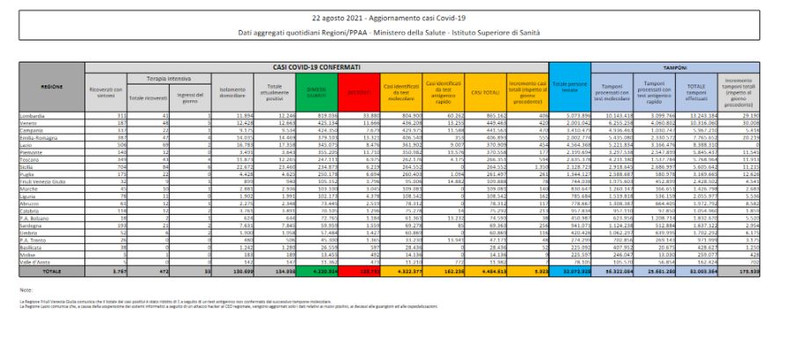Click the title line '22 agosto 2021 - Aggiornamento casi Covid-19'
point(396,18)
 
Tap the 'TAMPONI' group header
point(676,67)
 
